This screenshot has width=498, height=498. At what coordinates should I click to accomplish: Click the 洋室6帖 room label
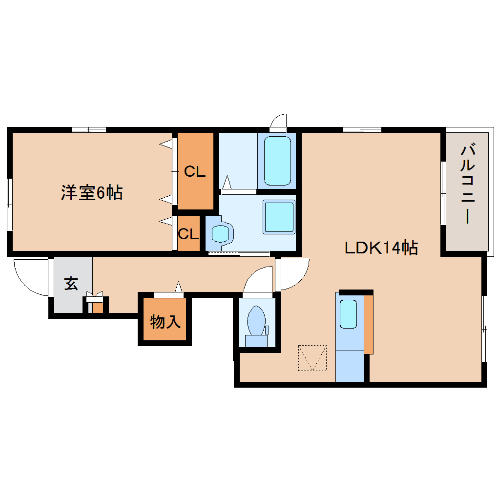tap(92, 192)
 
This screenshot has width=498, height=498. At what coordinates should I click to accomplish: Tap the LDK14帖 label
tap(381, 248)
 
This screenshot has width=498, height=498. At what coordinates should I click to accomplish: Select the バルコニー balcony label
tap(468, 184)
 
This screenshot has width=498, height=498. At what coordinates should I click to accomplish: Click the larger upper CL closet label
tap(195, 171)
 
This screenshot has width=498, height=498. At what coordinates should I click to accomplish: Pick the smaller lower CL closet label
tap(188, 234)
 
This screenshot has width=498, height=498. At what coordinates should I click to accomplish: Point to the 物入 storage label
tap(165, 322)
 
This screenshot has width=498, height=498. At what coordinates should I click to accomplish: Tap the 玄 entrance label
tap(71, 284)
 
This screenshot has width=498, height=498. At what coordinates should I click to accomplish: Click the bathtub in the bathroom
tap(277, 161)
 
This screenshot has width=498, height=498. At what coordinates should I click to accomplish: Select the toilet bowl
tap(256, 320)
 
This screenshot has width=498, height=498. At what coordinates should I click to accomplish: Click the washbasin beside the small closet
tap(220, 233)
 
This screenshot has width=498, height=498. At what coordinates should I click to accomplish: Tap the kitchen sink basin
tap(349, 314)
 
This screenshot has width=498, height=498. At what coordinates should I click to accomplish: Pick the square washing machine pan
tap(279, 217)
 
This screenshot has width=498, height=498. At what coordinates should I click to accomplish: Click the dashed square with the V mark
tap(312, 358)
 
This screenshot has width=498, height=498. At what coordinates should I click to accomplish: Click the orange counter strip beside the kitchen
tap(369, 324)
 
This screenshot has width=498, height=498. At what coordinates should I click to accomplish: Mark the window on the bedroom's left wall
tap(10, 205)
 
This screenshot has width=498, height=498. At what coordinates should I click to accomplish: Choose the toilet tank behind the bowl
tap(256, 341)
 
